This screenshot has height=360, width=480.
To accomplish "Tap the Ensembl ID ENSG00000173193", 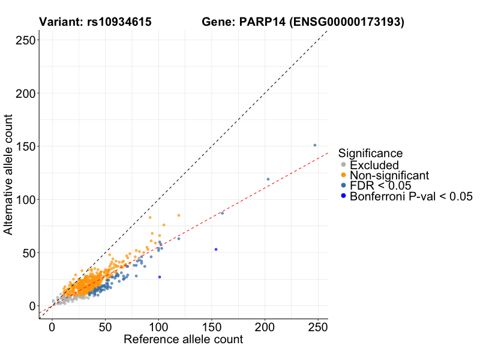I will point(349,22).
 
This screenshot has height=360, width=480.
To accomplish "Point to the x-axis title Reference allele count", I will point(183,340).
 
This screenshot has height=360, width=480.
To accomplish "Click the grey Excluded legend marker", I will point(343,165).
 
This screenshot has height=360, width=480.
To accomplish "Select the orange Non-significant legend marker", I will point(343,175).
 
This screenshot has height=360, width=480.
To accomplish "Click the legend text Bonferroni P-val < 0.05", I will point(412,196).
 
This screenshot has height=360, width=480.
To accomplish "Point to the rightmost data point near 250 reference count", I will point(315,145).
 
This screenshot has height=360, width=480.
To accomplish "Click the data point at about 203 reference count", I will point(268,179).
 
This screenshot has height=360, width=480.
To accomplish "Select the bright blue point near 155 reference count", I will point(216,249).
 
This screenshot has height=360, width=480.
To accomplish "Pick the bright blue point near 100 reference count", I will point(160,277).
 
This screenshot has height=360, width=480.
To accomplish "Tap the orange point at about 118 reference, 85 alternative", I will point(178,215).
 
